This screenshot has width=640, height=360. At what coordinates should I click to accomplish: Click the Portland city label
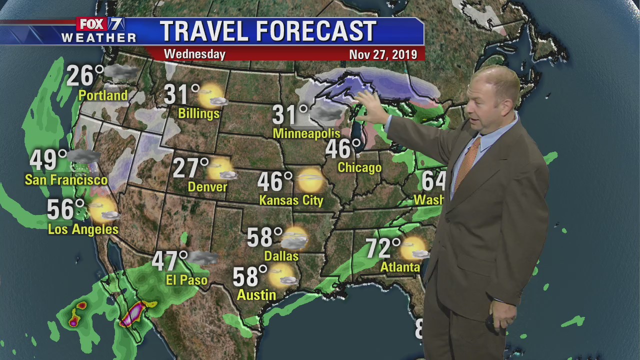(x=103, y=95)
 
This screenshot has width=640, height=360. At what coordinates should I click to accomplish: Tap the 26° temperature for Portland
(x=84, y=76)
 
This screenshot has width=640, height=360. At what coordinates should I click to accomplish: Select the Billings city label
(x=198, y=113)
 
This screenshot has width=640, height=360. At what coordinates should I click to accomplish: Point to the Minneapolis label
(x=306, y=133)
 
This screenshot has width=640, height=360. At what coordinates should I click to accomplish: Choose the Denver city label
(x=207, y=187)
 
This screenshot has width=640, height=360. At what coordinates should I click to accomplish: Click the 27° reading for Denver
(x=190, y=168)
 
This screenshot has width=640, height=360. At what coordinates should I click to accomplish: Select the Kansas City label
(x=291, y=200)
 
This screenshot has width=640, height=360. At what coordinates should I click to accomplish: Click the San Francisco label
(x=66, y=180)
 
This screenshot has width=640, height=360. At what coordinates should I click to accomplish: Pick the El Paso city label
(x=186, y=280)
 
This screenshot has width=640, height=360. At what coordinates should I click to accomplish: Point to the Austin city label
(x=256, y=295)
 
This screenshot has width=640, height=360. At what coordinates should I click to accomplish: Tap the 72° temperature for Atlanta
(x=383, y=248)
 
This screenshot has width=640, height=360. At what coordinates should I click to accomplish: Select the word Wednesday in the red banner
(x=194, y=54)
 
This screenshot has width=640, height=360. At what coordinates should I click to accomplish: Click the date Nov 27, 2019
(x=383, y=54)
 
